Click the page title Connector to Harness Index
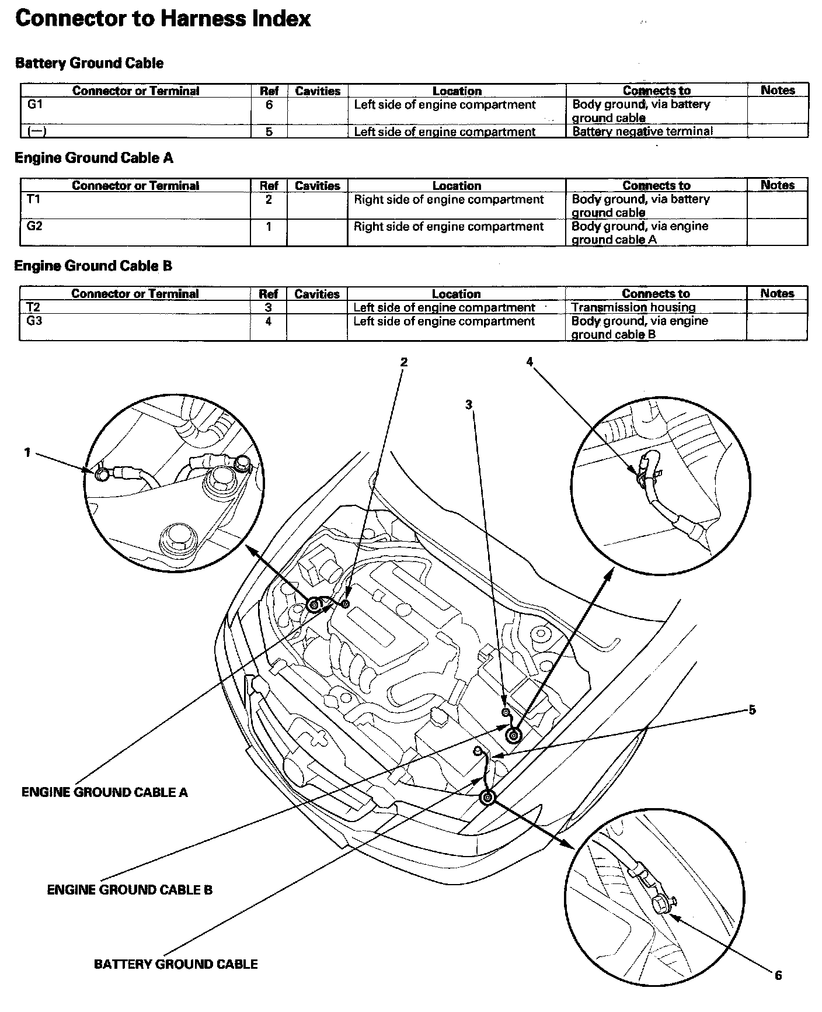(x=163, y=19)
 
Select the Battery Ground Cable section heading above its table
(x=89, y=63)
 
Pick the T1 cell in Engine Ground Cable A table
(x=34, y=199)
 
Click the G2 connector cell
(x=34, y=226)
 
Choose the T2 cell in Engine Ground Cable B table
(x=34, y=307)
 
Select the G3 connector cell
(x=34, y=321)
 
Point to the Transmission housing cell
(x=633, y=307)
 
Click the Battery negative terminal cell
(x=642, y=131)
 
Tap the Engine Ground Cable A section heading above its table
(x=93, y=158)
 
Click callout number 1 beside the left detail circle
(x=27, y=452)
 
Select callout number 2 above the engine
(x=403, y=362)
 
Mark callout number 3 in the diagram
(x=469, y=404)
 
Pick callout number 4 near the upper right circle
(x=530, y=362)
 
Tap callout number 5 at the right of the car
(x=752, y=710)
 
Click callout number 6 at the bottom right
(x=778, y=975)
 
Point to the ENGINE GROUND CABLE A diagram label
(x=105, y=792)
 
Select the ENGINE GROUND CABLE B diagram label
(x=130, y=890)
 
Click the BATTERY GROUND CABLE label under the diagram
(x=176, y=964)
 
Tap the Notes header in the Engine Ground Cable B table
(x=777, y=293)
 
